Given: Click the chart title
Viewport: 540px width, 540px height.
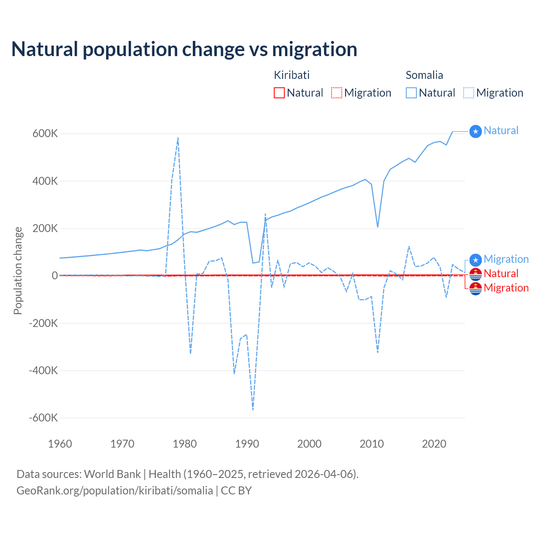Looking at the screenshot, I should [x=184, y=49].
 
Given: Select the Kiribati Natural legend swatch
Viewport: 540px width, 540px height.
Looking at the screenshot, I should [x=279, y=93].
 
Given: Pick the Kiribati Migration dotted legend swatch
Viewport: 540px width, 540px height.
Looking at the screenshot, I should [x=337, y=93].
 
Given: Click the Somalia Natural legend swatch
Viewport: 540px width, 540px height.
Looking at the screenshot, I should [x=411, y=93].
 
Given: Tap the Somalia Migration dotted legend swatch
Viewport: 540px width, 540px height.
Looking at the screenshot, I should [x=469, y=93].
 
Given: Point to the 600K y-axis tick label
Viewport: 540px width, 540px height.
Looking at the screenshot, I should [x=45, y=134].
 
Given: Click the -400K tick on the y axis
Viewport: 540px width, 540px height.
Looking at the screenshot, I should [x=43, y=370].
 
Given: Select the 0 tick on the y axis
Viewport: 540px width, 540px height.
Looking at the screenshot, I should [x=54, y=275].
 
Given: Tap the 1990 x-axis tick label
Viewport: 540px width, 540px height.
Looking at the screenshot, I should [x=247, y=444].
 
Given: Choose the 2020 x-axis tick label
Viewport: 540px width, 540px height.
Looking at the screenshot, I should [x=434, y=444].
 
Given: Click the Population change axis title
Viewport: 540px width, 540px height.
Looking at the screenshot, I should [x=18, y=271].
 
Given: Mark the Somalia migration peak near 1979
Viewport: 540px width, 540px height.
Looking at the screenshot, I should [x=178, y=138].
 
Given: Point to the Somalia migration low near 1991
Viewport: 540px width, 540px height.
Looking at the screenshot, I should [x=253, y=409].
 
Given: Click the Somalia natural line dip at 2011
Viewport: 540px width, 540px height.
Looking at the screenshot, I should [x=378, y=227].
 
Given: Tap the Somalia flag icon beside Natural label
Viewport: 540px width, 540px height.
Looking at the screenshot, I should [x=475, y=132].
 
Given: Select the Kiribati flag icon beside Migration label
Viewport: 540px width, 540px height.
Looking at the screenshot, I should [x=475, y=289].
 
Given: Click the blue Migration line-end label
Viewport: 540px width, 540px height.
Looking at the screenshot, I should [x=506, y=259].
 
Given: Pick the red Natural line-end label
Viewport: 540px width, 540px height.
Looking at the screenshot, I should [x=501, y=273].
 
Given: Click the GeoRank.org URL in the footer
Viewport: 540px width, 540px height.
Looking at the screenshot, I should [x=115, y=491].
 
